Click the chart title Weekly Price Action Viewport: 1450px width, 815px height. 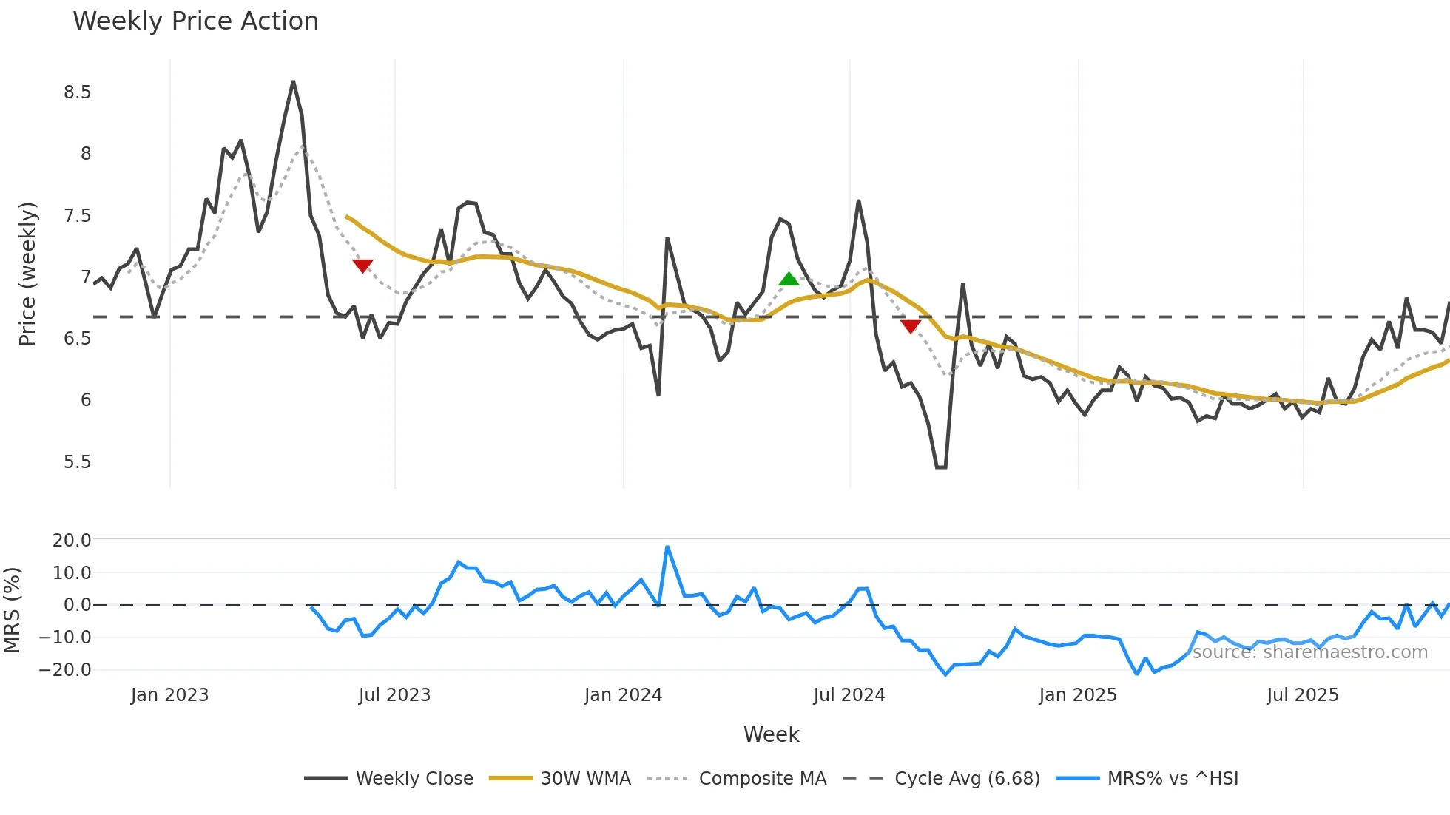point(195,21)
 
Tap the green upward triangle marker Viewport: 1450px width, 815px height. point(789,280)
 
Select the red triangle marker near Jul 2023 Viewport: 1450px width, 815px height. point(362,266)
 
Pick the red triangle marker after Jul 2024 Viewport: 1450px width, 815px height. point(911,326)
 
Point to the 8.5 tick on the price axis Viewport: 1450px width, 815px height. point(77,92)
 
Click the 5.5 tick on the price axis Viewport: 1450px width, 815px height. point(77,462)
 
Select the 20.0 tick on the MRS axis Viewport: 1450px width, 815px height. point(72,541)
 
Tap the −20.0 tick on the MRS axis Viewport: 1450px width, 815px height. point(66,670)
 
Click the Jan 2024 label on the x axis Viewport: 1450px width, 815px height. point(623,695)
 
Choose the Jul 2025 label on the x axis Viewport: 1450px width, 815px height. point(1302,695)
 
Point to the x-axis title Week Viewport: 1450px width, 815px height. point(771,734)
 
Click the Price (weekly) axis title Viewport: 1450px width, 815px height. point(27,274)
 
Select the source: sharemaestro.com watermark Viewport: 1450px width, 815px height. point(1310,652)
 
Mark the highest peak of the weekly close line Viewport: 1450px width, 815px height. point(293,82)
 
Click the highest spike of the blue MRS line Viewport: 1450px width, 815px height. point(667,547)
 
